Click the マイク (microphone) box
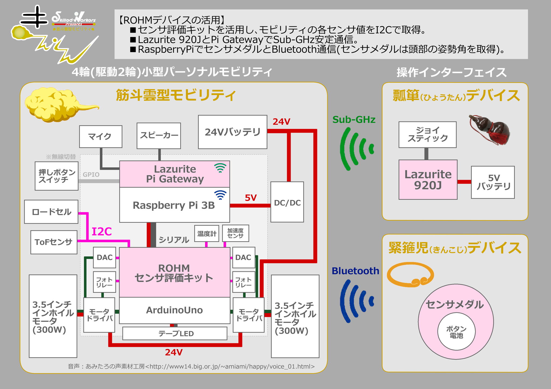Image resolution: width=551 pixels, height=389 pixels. pyautogui.click(x=101, y=136)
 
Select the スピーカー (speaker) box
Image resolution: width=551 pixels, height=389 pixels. pyautogui.click(x=159, y=136)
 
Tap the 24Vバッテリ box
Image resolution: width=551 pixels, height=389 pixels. pyautogui.click(x=232, y=132)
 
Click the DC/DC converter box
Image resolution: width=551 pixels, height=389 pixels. pyautogui.click(x=287, y=202)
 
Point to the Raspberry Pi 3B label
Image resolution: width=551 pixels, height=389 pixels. pyautogui.click(x=174, y=205)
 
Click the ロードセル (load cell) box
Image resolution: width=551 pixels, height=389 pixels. pyautogui.click(x=51, y=212)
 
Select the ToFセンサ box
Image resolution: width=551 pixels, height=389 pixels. pyautogui.click(x=54, y=242)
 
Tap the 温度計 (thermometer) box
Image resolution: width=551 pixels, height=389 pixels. pyautogui.click(x=207, y=233)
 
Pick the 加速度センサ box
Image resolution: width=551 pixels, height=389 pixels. pyautogui.click(x=235, y=233)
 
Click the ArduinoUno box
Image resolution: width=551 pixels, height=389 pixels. pyautogui.click(x=174, y=310)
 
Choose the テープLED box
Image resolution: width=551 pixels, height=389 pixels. pyautogui.click(x=175, y=334)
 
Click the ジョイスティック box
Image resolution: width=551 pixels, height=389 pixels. pyautogui.click(x=428, y=135)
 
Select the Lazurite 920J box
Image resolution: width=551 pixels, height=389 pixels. pyautogui.click(x=428, y=180)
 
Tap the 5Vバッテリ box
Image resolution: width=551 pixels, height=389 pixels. pyautogui.click(x=493, y=182)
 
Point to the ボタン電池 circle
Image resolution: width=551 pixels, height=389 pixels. pyautogui.click(x=456, y=332)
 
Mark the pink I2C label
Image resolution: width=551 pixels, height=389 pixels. pyautogui.click(x=101, y=232)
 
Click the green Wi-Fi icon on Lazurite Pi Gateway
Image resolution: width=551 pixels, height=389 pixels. pyautogui.click(x=220, y=168)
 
